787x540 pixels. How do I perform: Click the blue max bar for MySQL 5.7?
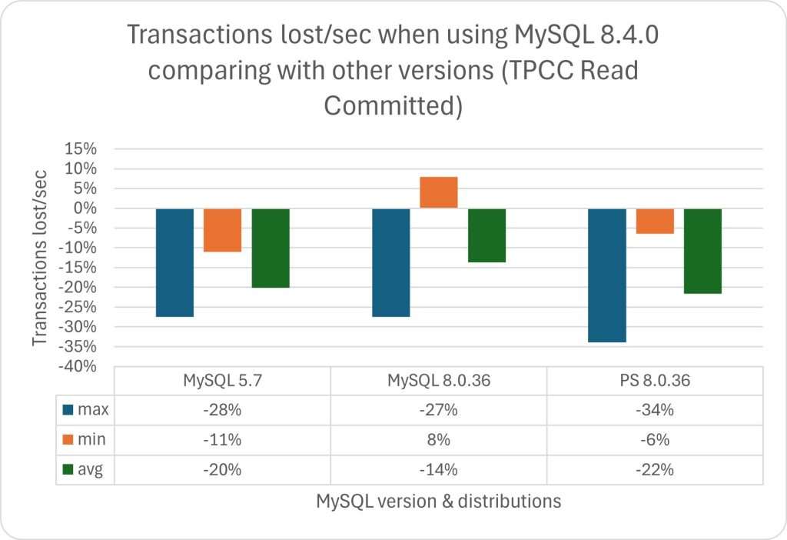pos(174,262)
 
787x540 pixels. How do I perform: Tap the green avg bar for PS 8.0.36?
pos(702,251)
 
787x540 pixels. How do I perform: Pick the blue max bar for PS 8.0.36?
pos(607,275)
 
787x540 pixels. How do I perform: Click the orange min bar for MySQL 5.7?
pos(223,230)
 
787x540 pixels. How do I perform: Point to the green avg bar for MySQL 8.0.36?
pos(486,235)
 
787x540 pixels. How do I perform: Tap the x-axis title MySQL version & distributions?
pos(438,502)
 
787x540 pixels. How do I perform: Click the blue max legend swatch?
pos(68,410)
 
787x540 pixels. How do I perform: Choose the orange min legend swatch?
pos(68,440)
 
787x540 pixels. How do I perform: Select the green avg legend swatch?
pos(68,470)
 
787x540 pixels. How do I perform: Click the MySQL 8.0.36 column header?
pos(438,380)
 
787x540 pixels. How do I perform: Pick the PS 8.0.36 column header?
pos(655,380)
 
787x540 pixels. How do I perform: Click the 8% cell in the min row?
pos(438,440)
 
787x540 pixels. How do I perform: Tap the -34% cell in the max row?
pos(655,410)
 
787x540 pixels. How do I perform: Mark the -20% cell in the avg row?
pos(222,470)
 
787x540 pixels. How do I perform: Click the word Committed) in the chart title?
pos(393,106)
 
